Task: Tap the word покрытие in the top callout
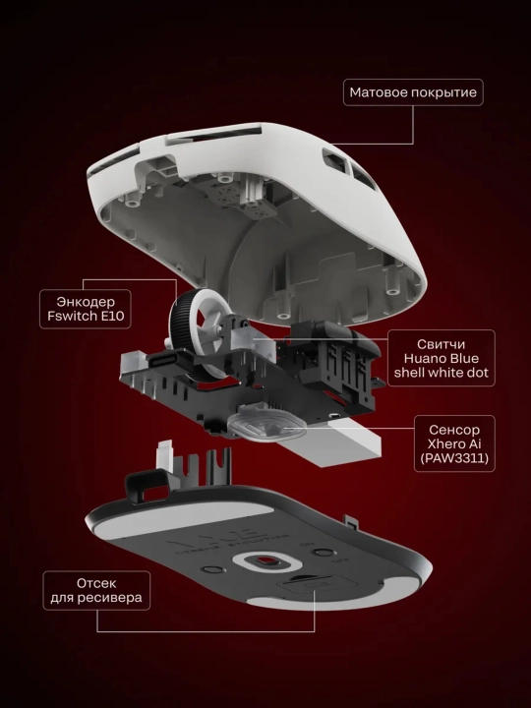[x=444, y=93]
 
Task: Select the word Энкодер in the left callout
[x=86, y=302]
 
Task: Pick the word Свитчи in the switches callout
[x=442, y=344]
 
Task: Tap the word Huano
[x=423, y=359]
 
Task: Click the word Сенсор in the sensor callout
[x=454, y=430]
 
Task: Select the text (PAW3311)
[x=454, y=458]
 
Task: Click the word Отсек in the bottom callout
[x=96, y=583]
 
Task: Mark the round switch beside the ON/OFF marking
[x=323, y=553]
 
